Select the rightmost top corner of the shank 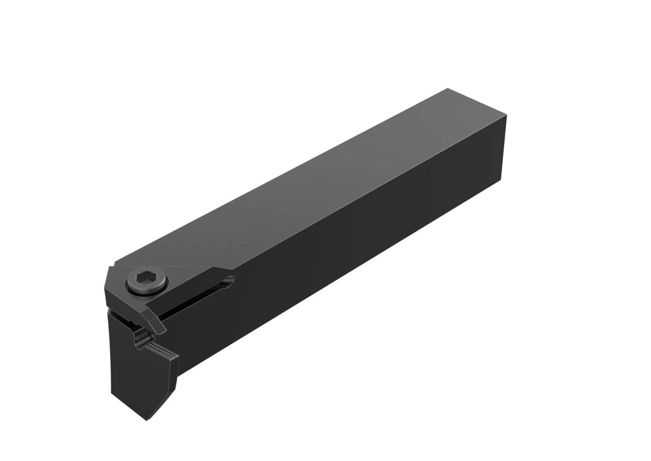(506, 116)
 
